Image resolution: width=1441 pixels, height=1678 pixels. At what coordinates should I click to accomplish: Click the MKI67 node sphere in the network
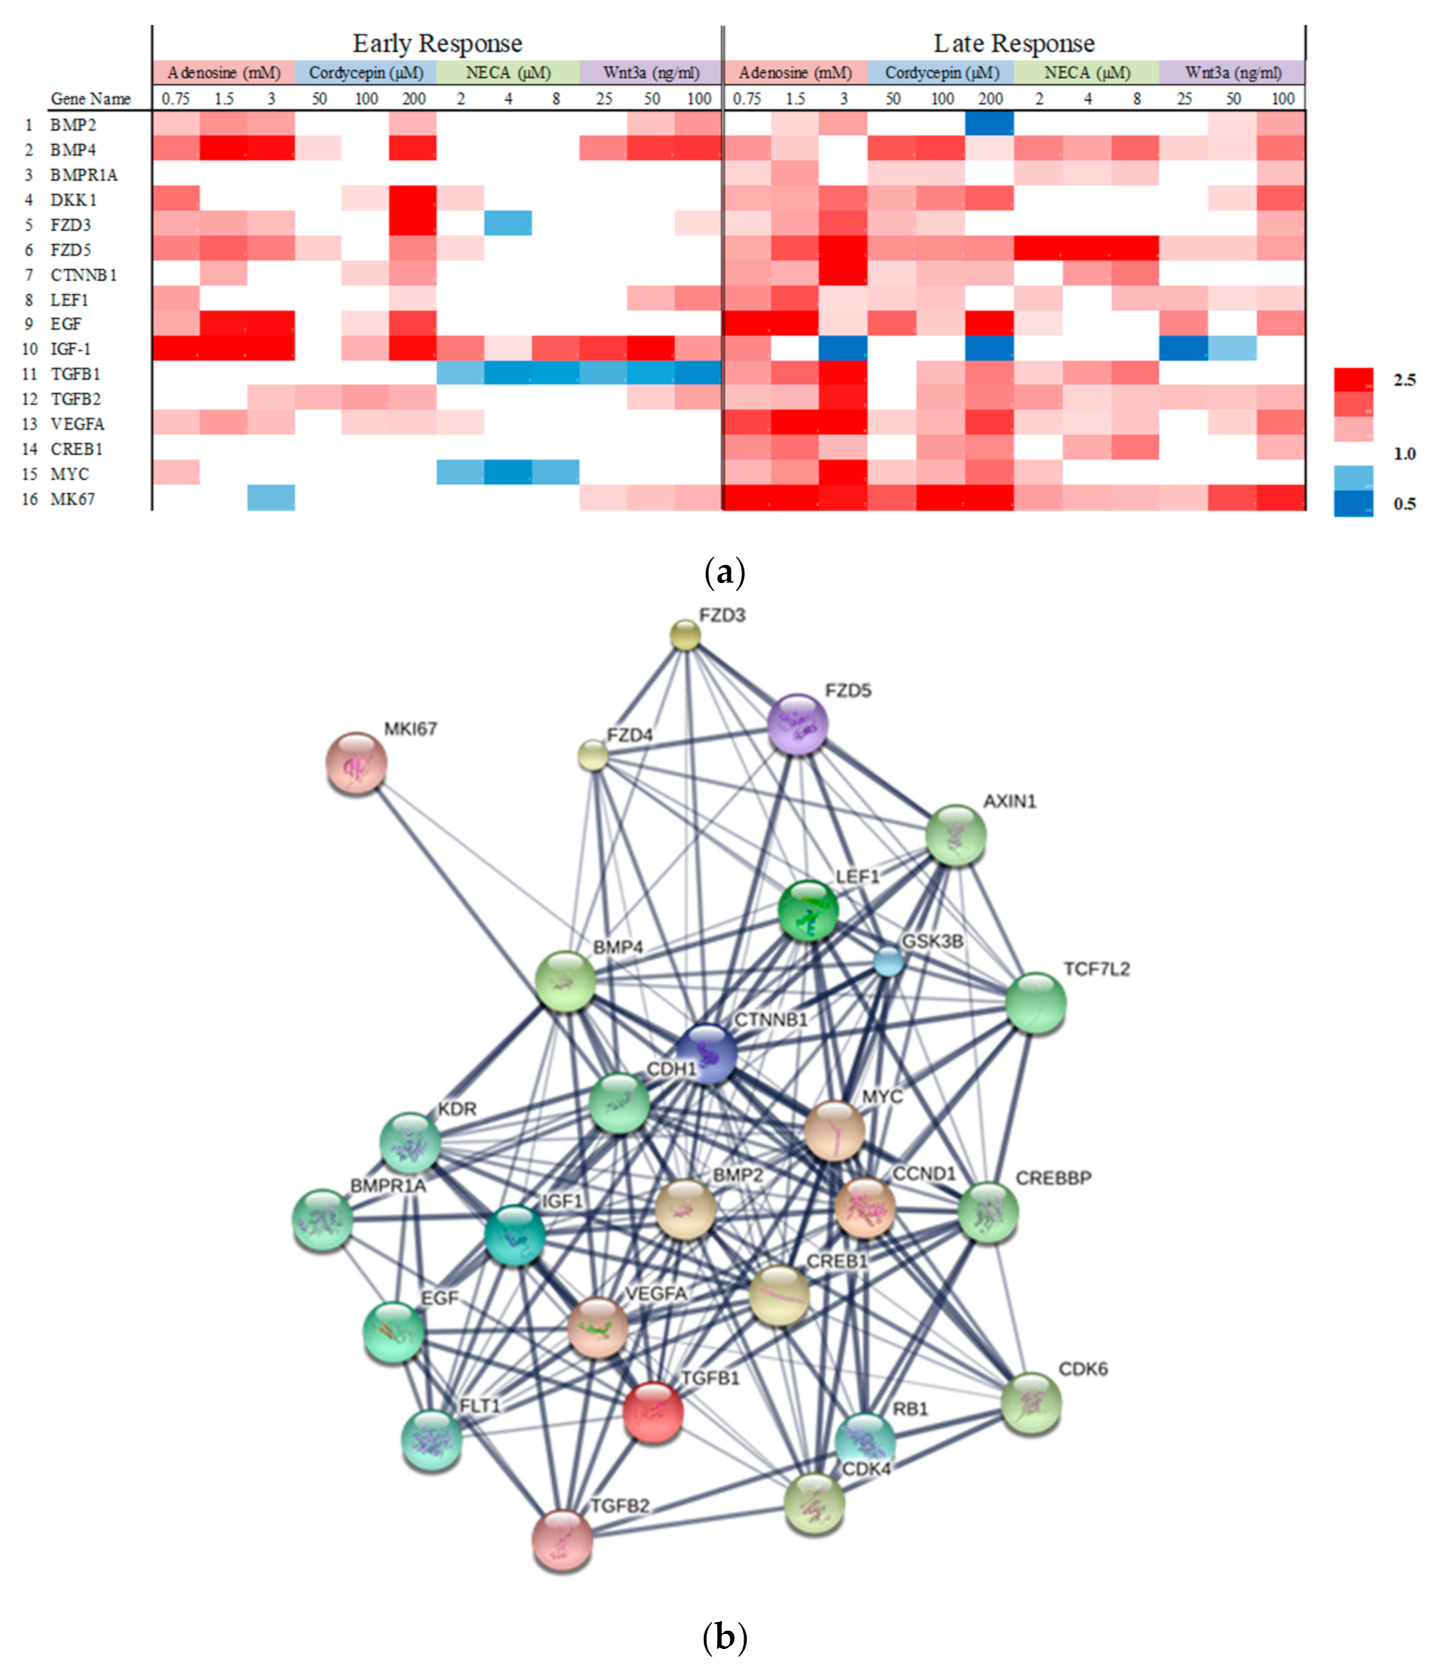click(x=357, y=763)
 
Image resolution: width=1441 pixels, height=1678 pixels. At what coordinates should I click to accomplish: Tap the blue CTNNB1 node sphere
click(x=706, y=1053)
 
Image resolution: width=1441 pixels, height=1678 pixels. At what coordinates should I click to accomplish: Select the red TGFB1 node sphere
click(x=653, y=1412)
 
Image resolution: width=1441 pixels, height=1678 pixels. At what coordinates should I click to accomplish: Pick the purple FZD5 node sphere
click(x=797, y=724)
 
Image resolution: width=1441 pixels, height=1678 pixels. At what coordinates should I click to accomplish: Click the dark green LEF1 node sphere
click(x=808, y=910)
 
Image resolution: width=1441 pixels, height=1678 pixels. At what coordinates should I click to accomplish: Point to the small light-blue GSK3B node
click(x=889, y=961)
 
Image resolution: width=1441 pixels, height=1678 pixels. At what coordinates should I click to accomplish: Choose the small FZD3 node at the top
click(x=685, y=635)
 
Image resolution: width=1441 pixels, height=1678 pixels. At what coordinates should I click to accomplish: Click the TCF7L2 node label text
click(x=1096, y=969)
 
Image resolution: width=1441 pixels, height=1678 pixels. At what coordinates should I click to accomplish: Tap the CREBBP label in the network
click(x=1053, y=1178)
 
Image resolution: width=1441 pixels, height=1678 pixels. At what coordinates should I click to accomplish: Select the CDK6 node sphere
click(x=1031, y=1403)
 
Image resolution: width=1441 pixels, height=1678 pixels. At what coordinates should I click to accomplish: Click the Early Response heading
click(x=437, y=44)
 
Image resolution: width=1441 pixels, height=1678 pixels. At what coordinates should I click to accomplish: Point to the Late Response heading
click(x=1014, y=44)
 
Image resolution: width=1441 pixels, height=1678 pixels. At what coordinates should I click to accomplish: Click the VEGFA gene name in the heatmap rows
click(x=78, y=424)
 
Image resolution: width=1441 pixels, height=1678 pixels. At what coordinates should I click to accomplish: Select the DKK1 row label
click(x=74, y=200)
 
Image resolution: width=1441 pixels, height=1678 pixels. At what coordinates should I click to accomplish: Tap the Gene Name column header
click(x=91, y=99)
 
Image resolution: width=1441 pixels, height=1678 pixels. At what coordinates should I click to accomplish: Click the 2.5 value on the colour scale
click(x=1404, y=380)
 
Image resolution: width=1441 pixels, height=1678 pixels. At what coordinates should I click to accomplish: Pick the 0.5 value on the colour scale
click(x=1404, y=504)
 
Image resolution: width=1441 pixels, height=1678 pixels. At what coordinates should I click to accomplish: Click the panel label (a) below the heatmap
click(x=725, y=573)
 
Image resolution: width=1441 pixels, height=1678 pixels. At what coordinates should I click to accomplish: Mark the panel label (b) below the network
click(x=725, y=1638)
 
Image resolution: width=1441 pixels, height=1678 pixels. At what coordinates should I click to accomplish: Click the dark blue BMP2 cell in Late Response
click(x=990, y=124)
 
